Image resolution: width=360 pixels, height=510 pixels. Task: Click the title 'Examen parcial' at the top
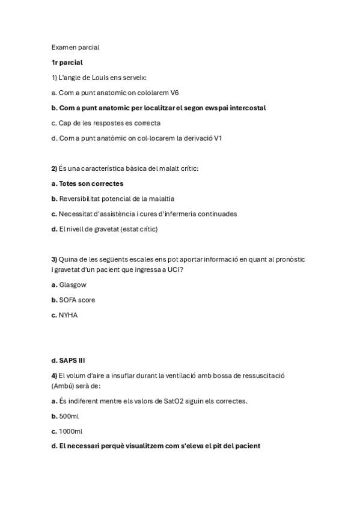pyautogui.click(x=75, y=47)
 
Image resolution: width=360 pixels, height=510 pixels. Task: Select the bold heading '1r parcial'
pyautogui.click(x=67, y=62)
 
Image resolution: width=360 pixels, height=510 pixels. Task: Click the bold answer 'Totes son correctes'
pyautogui.click(x=91, y=183)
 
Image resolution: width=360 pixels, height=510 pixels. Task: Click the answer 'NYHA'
pyautogui.click(x=68, y=315)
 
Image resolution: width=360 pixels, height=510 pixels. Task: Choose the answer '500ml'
pyautogui.click(x=69, y=416)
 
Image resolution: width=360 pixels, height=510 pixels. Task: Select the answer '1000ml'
pyautogui.click(x=70, y=431)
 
